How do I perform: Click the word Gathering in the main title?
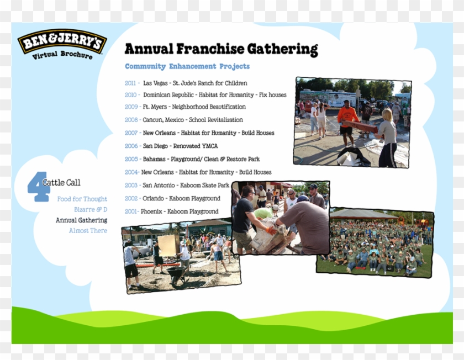[x=282, y=49]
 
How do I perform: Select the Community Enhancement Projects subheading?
[x=187, y=66]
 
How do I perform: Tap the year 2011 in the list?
[x=131, y=83]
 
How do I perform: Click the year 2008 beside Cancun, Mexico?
[x=131, y=120]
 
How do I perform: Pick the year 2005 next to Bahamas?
[x=131, y=159]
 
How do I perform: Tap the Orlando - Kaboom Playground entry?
[x=181, y=199]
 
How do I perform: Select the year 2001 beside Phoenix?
[x=131, y=211]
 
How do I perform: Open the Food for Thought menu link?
[x=82, y=199]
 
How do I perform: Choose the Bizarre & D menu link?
[x=91, y=210]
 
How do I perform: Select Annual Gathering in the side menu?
[x=81, y=220]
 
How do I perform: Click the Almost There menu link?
[x=88, y=231]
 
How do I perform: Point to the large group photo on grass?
[x=375, y=243]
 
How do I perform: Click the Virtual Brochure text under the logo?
[x=62, y=55]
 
